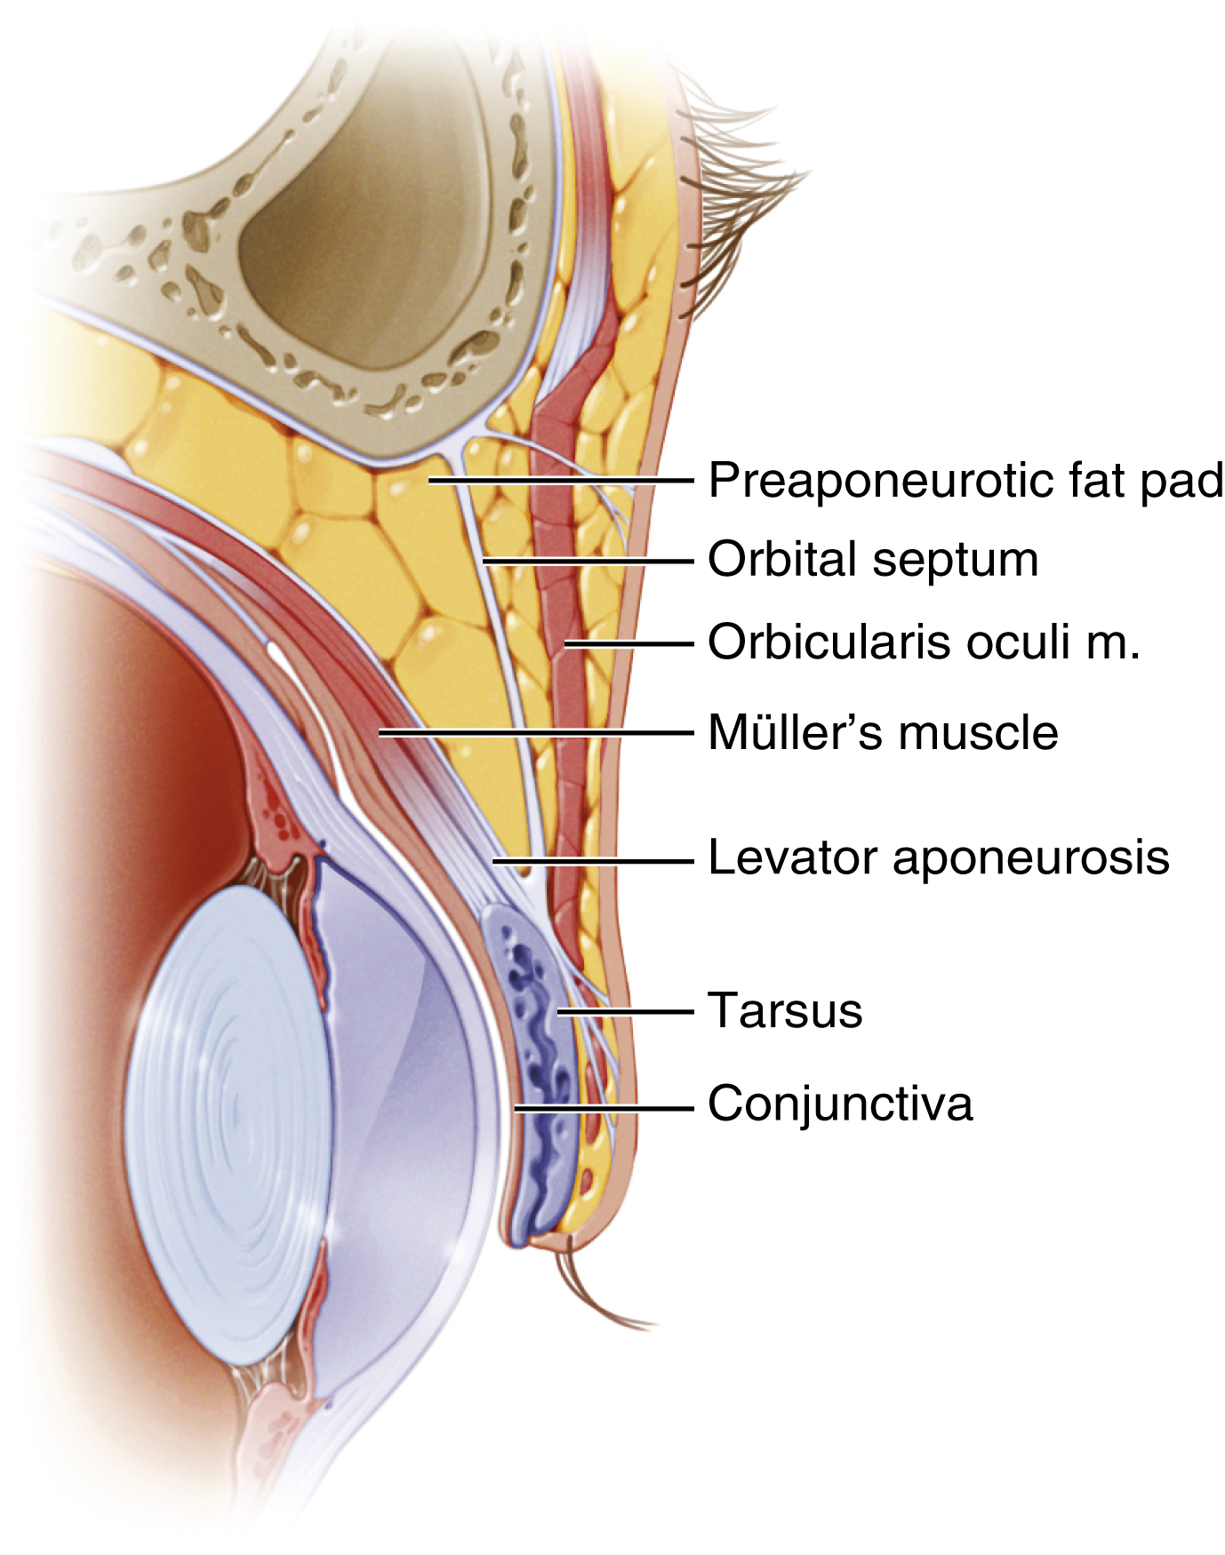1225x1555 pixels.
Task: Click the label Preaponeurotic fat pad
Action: (965, 481)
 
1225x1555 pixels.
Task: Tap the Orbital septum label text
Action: (873, 561)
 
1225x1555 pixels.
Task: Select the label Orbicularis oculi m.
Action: (924, 642)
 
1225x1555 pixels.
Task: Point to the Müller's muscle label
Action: (883, 733)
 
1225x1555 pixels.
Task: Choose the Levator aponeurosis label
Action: (938, 858)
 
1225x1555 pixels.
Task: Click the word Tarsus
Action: (785, 1011)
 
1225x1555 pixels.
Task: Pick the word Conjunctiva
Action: (840, 1104)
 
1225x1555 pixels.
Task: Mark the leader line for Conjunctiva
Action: (604, 1108)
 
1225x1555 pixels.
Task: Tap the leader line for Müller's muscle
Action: (533, 732)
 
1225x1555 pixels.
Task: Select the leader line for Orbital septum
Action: (587, 561)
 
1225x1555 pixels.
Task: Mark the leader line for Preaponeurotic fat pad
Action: (560, 480)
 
